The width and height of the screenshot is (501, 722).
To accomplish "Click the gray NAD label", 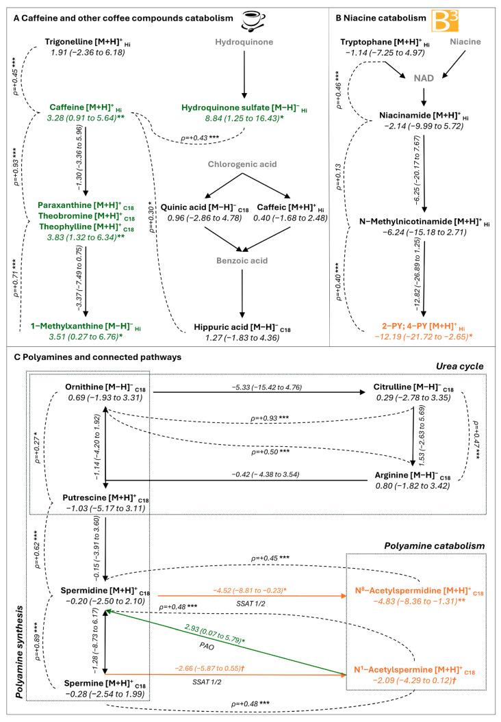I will tap(425, 79).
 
